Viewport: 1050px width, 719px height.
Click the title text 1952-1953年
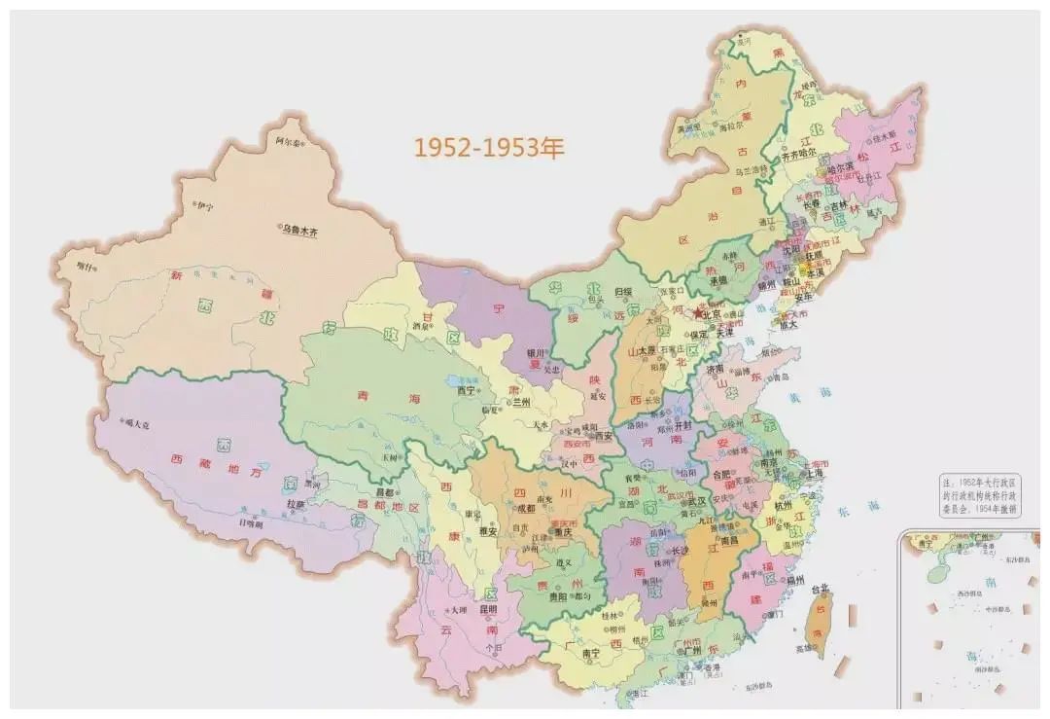point(489,148)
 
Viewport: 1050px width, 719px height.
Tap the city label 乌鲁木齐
point(300,230)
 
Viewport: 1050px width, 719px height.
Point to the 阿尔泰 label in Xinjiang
point(289,141)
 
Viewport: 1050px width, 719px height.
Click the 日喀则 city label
point(251,522)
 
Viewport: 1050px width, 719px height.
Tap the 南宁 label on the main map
point(590,655)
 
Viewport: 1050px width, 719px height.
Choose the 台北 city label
point(821,588)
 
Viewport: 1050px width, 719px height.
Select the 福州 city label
point(795,580)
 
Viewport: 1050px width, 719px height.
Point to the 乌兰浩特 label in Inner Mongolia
point(751,171)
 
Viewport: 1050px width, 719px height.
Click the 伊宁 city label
point(203,205)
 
